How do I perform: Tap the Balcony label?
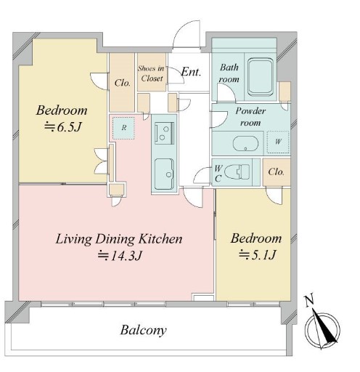click(144, 331)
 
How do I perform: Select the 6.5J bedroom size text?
click(62, 127)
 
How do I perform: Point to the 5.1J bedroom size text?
click(257, 255)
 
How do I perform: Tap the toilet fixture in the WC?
click(237, 171)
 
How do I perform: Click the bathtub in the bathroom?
click(261, 76)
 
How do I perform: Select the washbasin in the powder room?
click(245, 144)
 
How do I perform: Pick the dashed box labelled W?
click(278, 142)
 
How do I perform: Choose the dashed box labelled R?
click(123, 128)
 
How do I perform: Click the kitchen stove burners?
click(164, 133)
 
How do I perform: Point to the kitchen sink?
click(164, 174)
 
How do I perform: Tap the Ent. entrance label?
click(191, 72)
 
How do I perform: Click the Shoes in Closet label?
click(152, 73)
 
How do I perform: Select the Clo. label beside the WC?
click(276, 172)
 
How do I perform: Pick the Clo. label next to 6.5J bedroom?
click(123, 83)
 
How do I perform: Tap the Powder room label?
click(250, 117)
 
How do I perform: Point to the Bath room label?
click(229, 73)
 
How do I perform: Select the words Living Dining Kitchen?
click(119, 239)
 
